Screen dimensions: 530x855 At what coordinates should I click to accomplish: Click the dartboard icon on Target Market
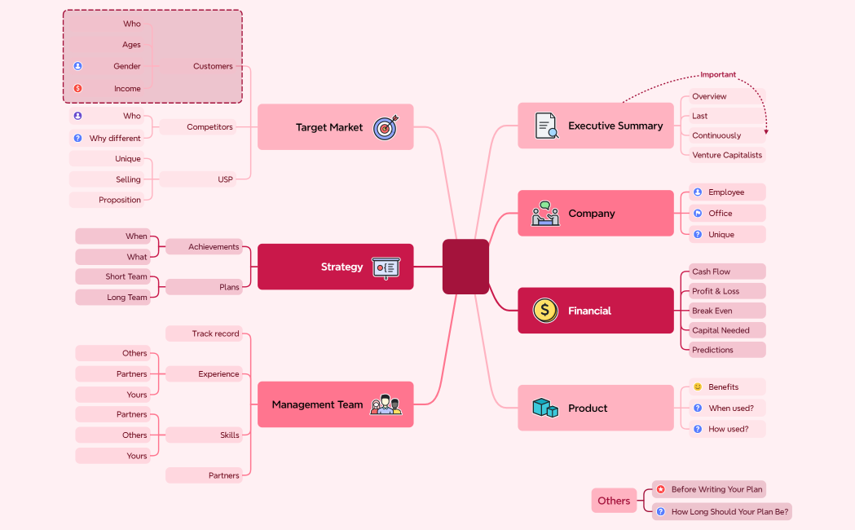click(x=386, y=128)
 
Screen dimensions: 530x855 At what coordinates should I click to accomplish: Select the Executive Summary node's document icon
click(x=546, y=126)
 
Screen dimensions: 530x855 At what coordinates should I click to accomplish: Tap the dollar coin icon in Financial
click(x=545, y=310)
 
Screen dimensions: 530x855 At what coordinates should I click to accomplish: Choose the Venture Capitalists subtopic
click(x=726, y=155)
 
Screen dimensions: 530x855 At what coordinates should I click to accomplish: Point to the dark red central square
click(x=465, y=267)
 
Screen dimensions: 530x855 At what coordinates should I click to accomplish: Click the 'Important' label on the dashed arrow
click(x=717, y=74)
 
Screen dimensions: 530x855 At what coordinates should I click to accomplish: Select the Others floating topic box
click(x=614, y=501)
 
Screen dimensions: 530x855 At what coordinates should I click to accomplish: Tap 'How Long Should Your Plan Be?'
click(x=729, y=512)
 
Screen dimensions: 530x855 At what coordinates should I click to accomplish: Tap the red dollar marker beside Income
click(x=78, y=88)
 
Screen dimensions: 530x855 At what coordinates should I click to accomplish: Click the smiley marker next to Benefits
click(x=698, y=386)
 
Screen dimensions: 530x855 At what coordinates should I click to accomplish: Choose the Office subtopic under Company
click(x=720, y=214)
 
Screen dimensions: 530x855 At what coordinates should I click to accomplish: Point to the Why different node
click(x=114, y=139)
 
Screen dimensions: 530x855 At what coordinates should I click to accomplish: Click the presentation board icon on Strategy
click(x=386, y=267)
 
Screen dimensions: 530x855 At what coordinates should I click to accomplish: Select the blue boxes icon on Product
click(x=545, y=408)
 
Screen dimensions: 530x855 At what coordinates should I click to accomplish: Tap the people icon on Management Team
click(x=386, y=404)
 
